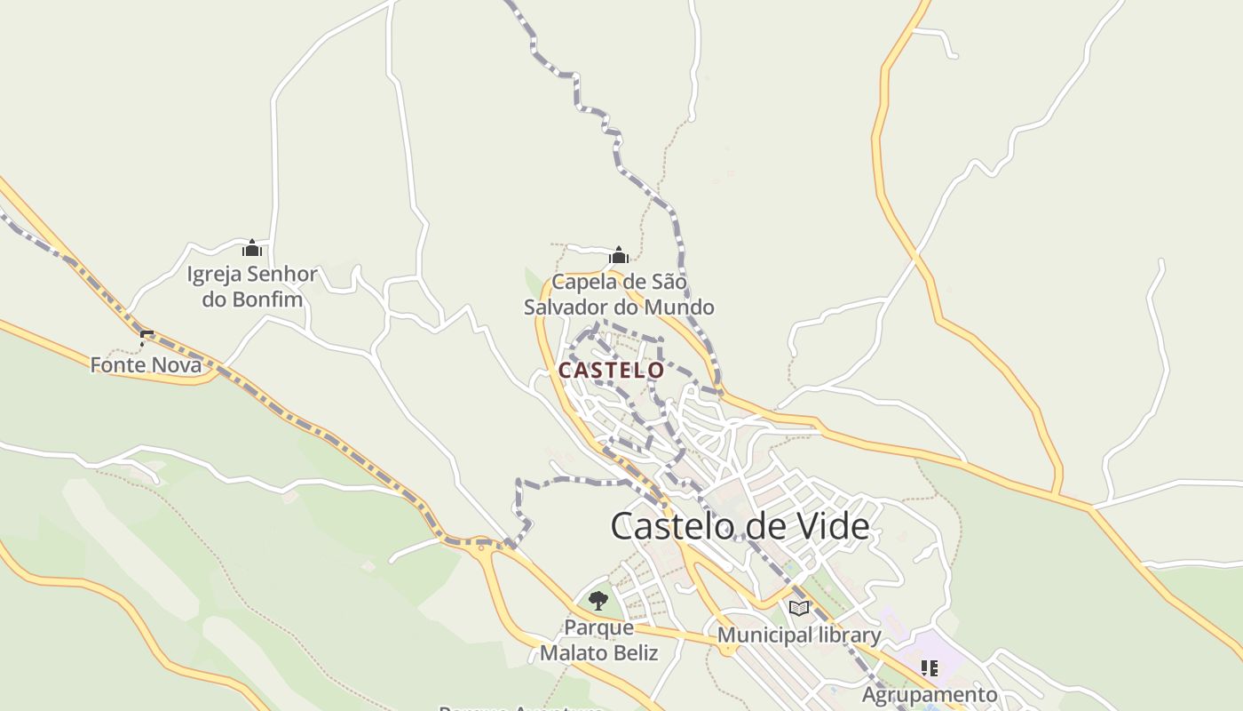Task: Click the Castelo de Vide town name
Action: [x=740, y=526]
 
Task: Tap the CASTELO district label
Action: [x=611, y=370]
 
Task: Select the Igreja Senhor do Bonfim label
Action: [x=251, y=286]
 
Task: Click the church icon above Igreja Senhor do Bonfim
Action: [x=251, y=248]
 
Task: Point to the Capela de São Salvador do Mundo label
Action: [x=619, y=295]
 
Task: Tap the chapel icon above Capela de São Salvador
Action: [x=619, y=256]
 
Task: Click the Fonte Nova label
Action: [x=146, y=364]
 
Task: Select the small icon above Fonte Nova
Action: [x=146, y=338]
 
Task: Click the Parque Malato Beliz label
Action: [x=599, y=640]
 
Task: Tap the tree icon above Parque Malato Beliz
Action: [x=598, y=601]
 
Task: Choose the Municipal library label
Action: [x=799, y=635]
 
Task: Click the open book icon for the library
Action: [x=799, y=608]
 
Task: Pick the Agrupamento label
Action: [x=930, y=694]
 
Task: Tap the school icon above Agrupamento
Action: [x=929, y=667]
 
